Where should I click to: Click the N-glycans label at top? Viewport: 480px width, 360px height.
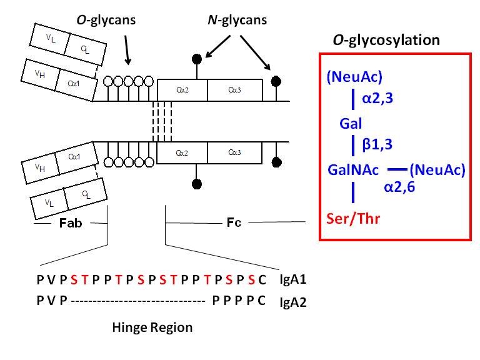pos(236,21)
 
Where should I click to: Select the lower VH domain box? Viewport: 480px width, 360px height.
pos(39,168)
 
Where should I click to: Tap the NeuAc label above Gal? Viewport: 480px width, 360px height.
pos(354,77)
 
